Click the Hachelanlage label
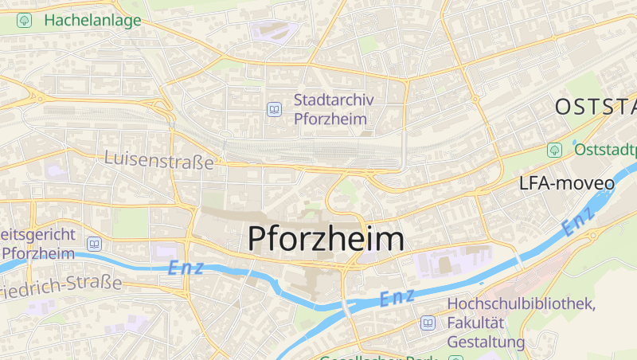pyautogui.click(x=92, y=21)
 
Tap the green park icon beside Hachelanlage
pyautogui.click(x=24, y=21)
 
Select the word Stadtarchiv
pyautogui.click(x=339, y=100)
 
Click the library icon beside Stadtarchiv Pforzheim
pyautogui.click(x=275, y=109)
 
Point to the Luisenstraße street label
pyautogui.click(x=159, y=160)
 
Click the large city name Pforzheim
pyautogui.click(x=326, y=238)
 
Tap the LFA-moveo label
pyautogui.click(x=566, y=183)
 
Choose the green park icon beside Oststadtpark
pyautogui.click(x=554, y=150)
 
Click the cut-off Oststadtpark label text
pyautogui.click(x=605, y=150)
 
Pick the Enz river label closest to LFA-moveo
pyautogui.click(x=578, y=222)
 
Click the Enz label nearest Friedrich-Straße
pyautogui.click(x=186, y=268)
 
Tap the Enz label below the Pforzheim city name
pyautogui.click(x=397, y=298)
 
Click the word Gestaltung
pyautogui.click(x=487, y=342)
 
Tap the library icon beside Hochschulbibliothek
pyautogui.click(x=428, y=323)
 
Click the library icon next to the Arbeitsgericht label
pyautogui.click(x=95, y=244)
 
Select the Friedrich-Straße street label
pyautogui.click(x=61, y=284)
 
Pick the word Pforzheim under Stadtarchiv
pyautogui.click(x=329, y=119)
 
